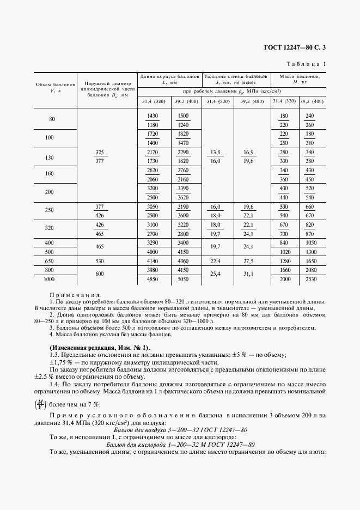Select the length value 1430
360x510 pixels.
coord(152,116)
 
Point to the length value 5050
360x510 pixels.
coord(183,279)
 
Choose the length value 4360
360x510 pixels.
coord(183,262)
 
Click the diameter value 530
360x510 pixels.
coord(99,262)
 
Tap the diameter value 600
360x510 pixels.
coord(99,275)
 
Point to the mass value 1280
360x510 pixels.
coord(283,262)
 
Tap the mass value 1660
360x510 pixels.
coord(283,270)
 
